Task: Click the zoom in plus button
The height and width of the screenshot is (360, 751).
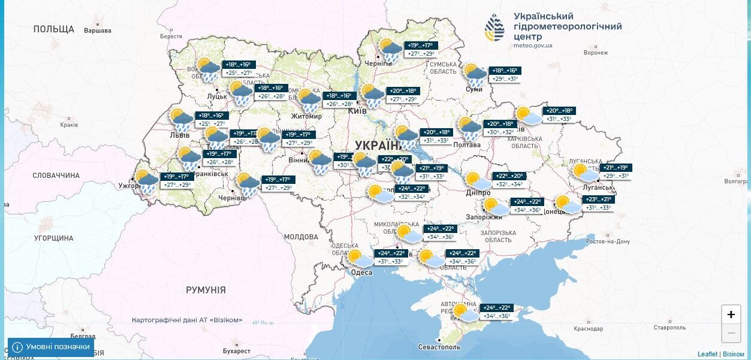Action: (x=731, y=314)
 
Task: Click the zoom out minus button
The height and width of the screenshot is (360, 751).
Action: (x=731, y=333)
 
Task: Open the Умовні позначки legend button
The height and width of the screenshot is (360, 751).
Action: (x=51, y=347)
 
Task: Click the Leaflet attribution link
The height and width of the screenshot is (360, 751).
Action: (x=707, y=354)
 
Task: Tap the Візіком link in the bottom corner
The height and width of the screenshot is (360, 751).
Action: (x=734, y=354)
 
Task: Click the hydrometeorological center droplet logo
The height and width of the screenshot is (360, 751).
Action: (x=494, y=28)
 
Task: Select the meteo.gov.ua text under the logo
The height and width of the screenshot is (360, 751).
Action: (x=533, y=46)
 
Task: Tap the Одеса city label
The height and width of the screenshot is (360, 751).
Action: (x=361, y=273)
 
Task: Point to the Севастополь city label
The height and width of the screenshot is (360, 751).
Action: (x=439, y=347)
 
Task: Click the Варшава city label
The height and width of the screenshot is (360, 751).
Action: (x=97, y=31)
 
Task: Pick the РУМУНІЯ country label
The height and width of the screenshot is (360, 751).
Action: (x=206, y=290)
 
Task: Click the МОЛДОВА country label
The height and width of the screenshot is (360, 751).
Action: (x=300, y=237)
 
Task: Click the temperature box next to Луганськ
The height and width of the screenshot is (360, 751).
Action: (x=616, y=171)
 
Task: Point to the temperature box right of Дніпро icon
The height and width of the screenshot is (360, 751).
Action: (x=508, y=180)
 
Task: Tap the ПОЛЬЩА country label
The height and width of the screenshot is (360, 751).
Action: (x=54, y=29)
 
